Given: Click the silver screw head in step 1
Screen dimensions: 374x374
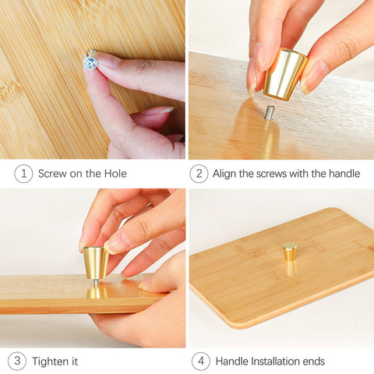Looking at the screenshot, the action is tap(90, 64).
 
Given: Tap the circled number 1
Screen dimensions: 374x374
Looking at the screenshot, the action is tap(23, 174).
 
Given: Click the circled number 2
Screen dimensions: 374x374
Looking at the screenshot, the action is tap(199, 174).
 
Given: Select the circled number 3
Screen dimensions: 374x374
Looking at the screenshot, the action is tap(17, 361).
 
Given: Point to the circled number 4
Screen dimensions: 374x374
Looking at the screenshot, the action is tap(201, 361).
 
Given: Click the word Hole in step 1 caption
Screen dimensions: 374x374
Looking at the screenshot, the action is tap(115, 174).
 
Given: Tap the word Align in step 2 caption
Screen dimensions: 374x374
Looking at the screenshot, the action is tap(224, 174).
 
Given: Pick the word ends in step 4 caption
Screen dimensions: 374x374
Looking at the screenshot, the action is tap(314, 362).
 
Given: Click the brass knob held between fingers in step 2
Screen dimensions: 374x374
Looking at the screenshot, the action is tap(285, 75).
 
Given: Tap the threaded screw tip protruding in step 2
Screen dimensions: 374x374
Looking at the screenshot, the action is tap(270, 112).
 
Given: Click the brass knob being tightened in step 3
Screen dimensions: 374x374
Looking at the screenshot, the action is tap(96, 263).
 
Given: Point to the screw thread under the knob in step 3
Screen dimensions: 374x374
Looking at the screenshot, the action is tap(96, 283).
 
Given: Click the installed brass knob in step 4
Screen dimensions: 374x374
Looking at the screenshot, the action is tap(290, 251).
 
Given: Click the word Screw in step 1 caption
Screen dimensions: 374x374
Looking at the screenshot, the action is tap(52, 174).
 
